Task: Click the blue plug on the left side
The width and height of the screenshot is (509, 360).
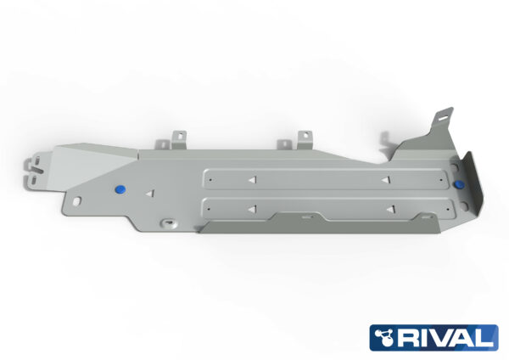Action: click(x=120, y=188)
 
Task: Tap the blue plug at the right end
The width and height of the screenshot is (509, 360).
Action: click(x=459, y=184)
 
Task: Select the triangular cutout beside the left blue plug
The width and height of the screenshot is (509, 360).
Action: click(x=148, y=194)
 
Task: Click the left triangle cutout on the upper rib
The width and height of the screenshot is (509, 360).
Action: click(x=252, y=180)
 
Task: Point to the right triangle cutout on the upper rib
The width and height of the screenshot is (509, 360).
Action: click(x=386, y=179)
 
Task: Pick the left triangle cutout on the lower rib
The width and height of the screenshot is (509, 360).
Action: click(x=252, y=209)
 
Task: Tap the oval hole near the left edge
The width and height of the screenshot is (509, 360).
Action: click(x=76, y=200)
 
